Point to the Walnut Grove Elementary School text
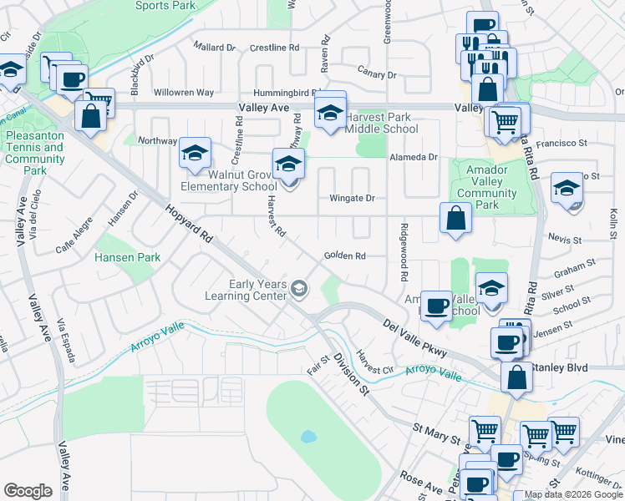click(231, 180)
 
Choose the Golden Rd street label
click(344, 256)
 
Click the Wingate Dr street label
click(352, 199)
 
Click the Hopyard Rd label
click(188, 224)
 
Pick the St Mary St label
click(435, 433)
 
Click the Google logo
click(28, 491)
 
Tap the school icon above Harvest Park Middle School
click(331, 112)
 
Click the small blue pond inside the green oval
click(308, 436)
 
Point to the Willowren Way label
click(183, 93)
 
